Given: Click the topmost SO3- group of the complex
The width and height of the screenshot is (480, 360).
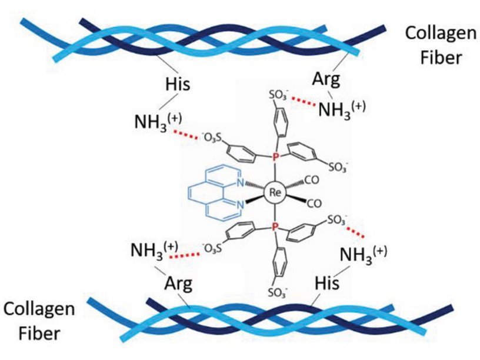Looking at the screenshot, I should tap(279, 94).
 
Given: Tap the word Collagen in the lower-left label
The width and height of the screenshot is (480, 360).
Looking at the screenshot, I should tap(39, 309).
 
